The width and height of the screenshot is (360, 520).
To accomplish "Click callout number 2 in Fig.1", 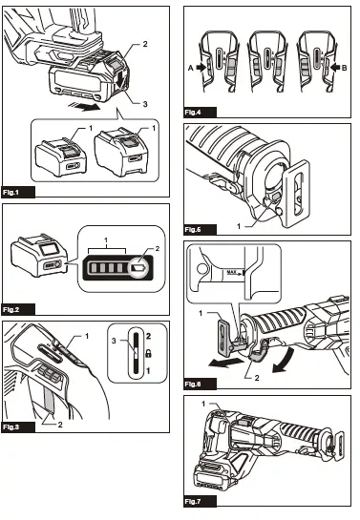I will click(145, 45).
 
